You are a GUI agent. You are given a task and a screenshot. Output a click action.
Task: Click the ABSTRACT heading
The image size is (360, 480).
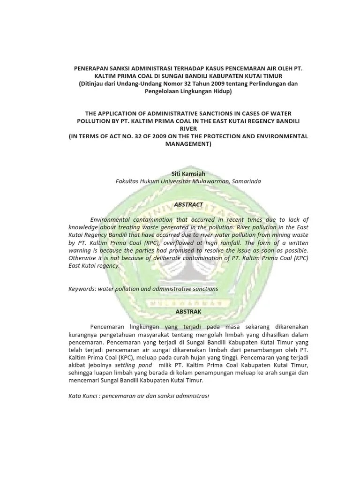pyautogui.click(x=188, y=204)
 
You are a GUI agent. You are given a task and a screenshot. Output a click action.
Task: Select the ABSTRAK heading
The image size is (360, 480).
pyautogui.click(x=188, y=311)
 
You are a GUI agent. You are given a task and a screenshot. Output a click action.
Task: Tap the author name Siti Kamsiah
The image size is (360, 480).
pyautogui.click(x=188, y=173)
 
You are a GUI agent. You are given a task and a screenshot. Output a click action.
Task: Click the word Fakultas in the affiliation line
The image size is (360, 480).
pyautogui.click(x=129, y=181)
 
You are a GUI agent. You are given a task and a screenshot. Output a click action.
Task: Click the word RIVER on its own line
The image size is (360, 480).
pyautogui.click(x=188, y=128)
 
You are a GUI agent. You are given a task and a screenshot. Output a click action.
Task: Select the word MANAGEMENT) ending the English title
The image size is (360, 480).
pyautogui.click(x=188, y=144)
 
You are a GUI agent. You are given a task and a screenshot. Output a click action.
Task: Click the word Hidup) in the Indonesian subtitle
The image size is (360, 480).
pyautogui.click(x=222, y=91)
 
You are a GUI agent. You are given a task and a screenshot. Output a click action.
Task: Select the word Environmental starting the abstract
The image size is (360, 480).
pyautogui.click(x=109, y=220)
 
